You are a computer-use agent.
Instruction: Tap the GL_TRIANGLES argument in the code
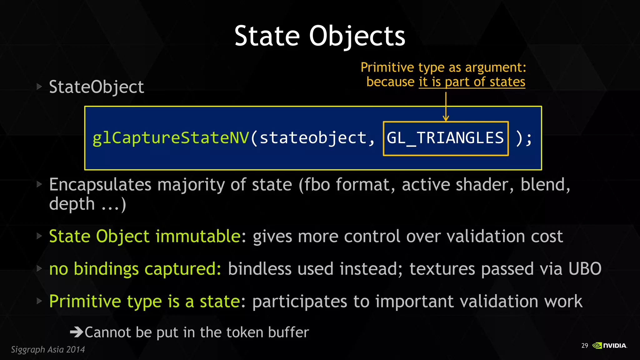(445, 138)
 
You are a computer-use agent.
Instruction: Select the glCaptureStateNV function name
(171, 138)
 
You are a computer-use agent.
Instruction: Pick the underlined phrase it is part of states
(472, 82)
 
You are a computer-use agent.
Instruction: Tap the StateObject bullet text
(96, 87)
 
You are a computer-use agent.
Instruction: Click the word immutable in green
(198, 236)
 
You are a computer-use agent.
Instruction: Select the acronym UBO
(585, 269)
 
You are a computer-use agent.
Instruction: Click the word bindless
(259, 269)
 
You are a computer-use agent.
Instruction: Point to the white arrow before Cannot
(77, 332)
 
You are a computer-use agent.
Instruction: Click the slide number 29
(584, 346)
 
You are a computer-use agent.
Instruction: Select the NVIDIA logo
(610, 346)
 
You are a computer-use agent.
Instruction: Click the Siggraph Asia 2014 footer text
(48, 349)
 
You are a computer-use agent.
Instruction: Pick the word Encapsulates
(100, 185)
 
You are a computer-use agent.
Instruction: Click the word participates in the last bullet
(299, 302)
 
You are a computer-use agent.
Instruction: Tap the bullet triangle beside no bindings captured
(39, 268)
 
